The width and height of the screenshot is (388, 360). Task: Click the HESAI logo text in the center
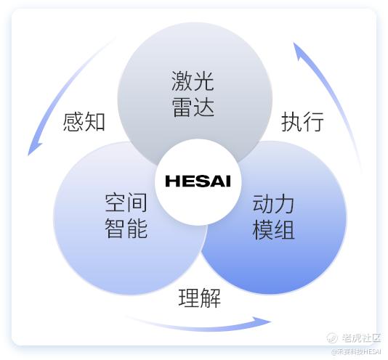(198, 181)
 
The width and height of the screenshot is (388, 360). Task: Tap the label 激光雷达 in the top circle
(193, 94)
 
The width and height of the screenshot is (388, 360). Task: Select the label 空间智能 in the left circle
(126, 216)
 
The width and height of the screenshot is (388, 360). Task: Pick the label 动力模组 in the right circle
(273, 217)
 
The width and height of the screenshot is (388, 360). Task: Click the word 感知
(84, 122)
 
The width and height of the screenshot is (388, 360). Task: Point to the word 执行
(302, 121)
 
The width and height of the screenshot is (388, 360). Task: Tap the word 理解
(199, 298)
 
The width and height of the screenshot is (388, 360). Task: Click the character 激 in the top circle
(182, 81)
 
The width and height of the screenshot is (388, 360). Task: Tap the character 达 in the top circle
(203, 107)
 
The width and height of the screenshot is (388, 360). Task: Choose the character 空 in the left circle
(116, 202)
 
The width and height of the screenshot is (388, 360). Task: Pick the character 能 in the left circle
(137, 228)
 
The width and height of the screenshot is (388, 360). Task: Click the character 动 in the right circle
(263, 205)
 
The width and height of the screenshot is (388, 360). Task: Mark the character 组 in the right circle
(284, 229)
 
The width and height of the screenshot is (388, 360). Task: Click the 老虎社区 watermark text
(361, 337)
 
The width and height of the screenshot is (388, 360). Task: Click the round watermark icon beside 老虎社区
(332, 337)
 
